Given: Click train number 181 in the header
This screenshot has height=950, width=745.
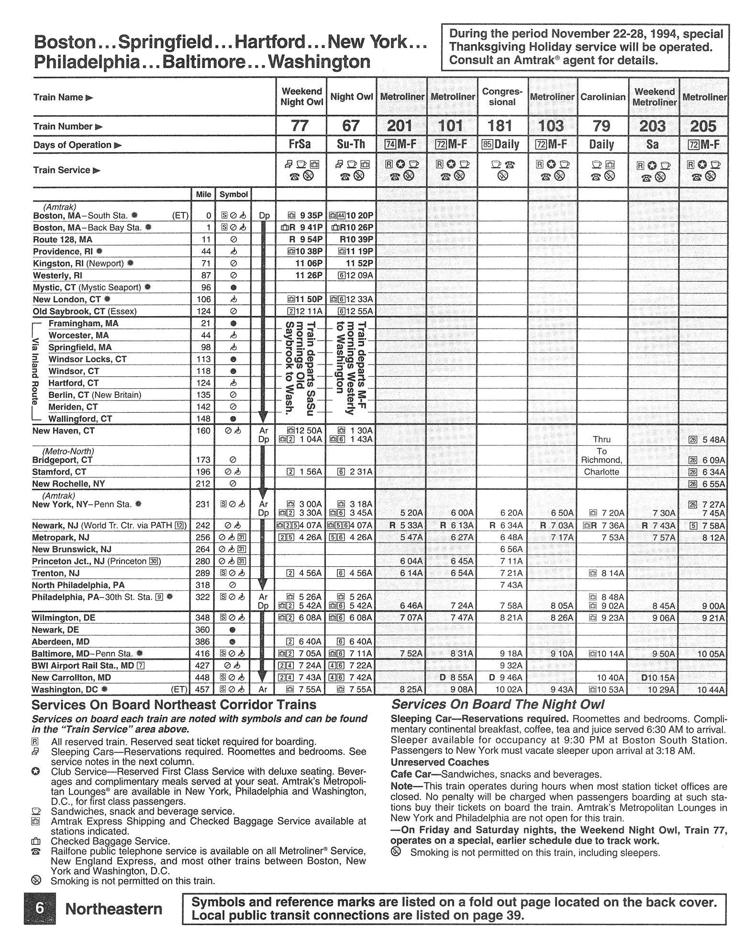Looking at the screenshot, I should (x=500, y=126).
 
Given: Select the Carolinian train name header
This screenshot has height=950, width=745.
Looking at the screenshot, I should (x=603, y=97).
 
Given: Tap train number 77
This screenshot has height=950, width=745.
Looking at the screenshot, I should (x=300, y=126).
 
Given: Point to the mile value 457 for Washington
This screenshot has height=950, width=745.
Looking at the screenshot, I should (x=203, y=690).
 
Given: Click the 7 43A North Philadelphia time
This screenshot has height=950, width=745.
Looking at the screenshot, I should (x=511, y=585).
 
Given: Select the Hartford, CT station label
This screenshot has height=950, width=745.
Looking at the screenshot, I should (x=73, y=383).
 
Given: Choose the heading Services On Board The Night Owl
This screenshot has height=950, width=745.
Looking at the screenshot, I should (x=498, y=705).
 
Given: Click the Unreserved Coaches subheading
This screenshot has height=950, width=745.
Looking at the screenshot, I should (x=440, y=762).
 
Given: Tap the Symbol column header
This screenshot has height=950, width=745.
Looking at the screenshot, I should (x=233, y=195).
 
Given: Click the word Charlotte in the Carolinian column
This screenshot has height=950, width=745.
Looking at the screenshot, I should (x=601, y=472).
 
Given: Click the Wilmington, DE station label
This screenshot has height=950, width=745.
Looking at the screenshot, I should (x=64, y=618).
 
